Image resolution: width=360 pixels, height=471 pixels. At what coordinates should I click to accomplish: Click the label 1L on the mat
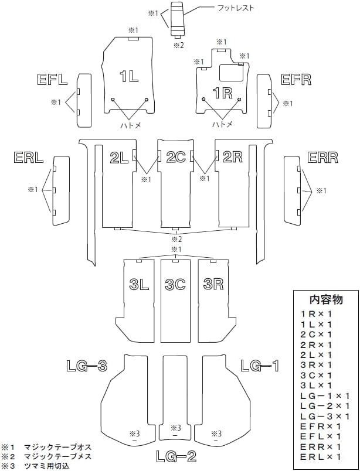tap(129, 76)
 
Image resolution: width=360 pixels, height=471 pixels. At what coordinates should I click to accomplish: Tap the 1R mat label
tap(223, 92)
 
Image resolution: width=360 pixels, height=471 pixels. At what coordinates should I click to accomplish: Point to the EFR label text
tap(296, 80)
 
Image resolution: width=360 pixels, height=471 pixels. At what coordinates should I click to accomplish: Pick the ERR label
tap(322, 158)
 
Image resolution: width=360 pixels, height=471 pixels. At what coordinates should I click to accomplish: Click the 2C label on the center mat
tap(175, 156)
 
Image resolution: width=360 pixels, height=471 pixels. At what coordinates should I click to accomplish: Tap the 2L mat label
tap(119, 156)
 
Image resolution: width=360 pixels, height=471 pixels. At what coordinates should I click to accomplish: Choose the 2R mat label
tap(233, 156)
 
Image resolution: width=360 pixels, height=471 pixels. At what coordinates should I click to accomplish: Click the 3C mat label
tap(175, 285)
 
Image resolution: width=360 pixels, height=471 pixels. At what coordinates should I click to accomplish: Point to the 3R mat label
tap(213, 285)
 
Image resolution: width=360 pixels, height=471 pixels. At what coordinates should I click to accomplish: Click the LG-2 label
tap(176, 456)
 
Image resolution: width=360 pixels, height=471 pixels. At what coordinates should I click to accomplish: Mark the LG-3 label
tap(86, 366)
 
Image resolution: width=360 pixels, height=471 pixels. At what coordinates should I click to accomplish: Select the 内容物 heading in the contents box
tap(325, 299)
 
